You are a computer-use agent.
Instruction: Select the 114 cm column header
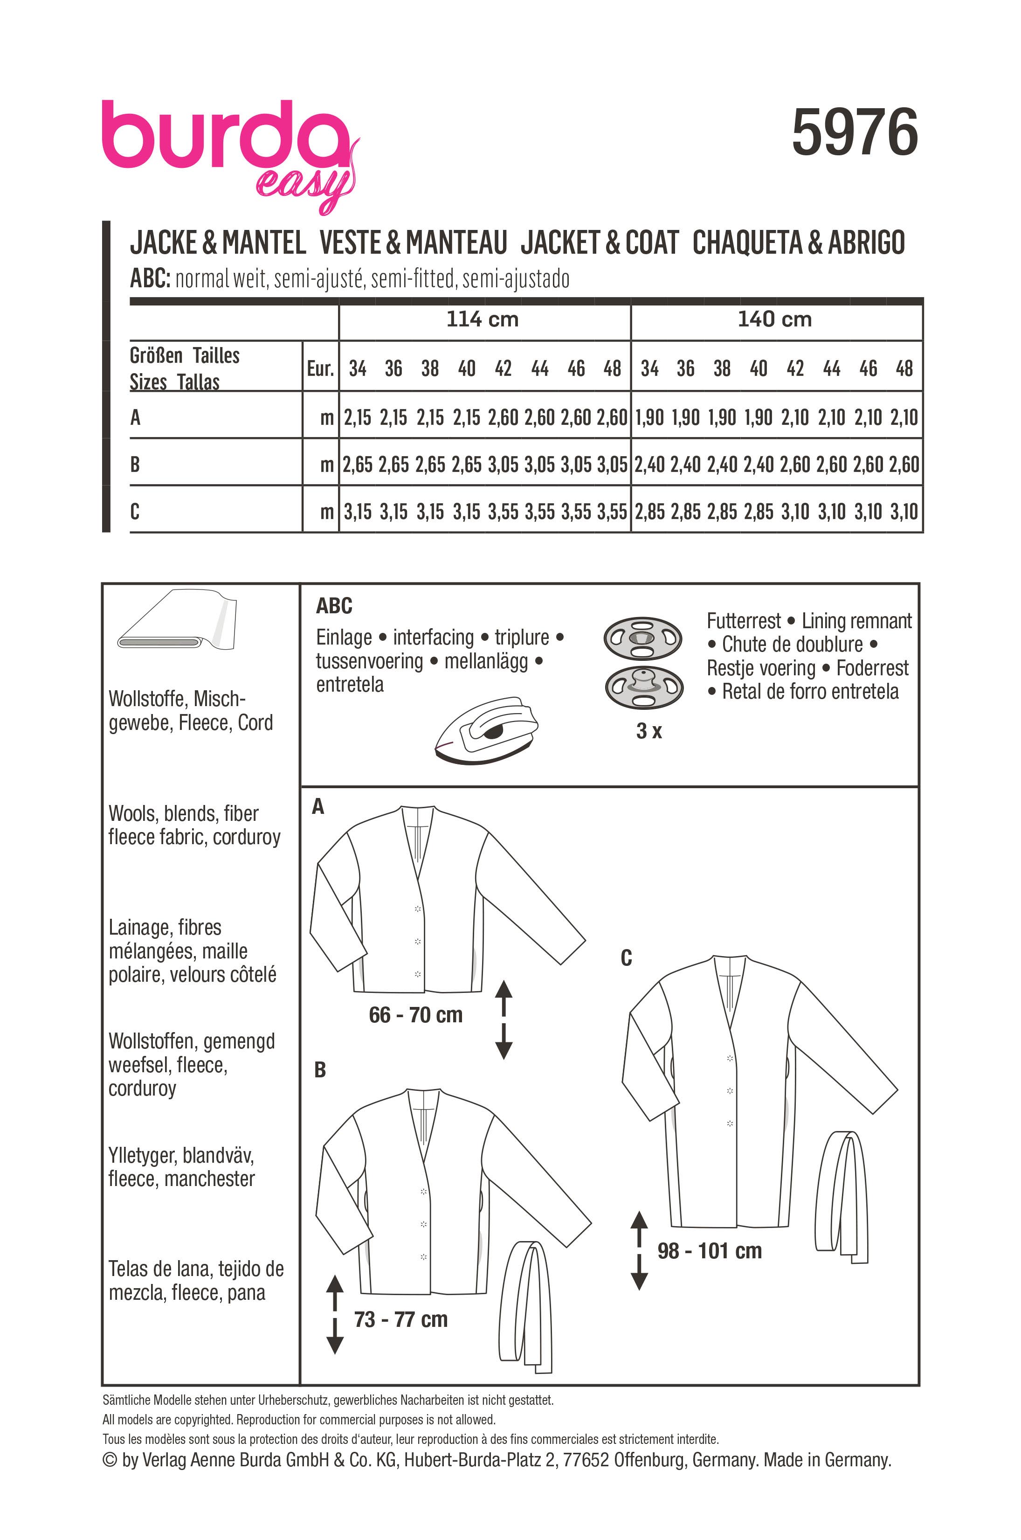point(482,319)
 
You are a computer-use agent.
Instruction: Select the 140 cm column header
point(774,319)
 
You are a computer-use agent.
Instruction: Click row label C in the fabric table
point(135,511)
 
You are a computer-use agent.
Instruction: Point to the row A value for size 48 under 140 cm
point(904,417)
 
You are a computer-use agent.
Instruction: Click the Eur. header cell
point(320,369)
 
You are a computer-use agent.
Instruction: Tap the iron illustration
point(486,731)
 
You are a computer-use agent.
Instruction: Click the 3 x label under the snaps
point(648,731)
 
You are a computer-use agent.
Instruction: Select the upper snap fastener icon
point(643,638)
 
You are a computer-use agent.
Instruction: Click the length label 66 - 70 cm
point(415,1015)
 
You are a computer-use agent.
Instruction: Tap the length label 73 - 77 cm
point(400,1319)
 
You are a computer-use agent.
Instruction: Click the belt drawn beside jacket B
point(525,1303)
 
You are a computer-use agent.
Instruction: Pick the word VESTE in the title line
point(350,243)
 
